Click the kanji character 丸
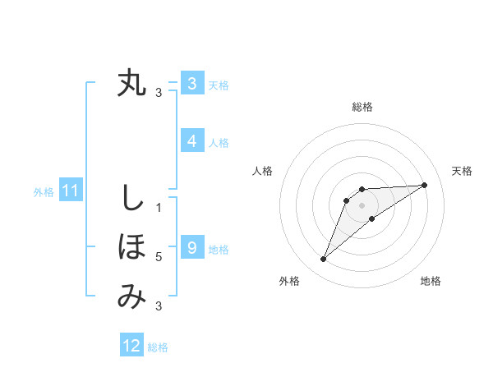click(x=132, y=84)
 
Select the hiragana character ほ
click(x=132, y=247)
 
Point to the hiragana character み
click(x=131, y=296)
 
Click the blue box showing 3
click(x=191, y=84)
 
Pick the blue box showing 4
click(x=191, y=141)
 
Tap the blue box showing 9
click(x=191, y=247)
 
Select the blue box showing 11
click(x=70, y=191)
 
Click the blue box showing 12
click(x=131, y=346)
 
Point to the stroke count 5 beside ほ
click(x=159, y=257)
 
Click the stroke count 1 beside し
click(x=159, y=208)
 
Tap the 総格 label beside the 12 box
click(x=158, y=347)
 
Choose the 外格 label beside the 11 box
click(x=44, y=192)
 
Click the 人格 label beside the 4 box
click(x=219, y=143)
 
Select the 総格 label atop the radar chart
click(x=362, y=107)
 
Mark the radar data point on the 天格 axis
click(x=425, y=185)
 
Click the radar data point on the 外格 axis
click(x=323, y=260)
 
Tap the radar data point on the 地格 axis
click(x=372, y=218)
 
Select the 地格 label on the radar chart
click(x=431, y=281)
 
